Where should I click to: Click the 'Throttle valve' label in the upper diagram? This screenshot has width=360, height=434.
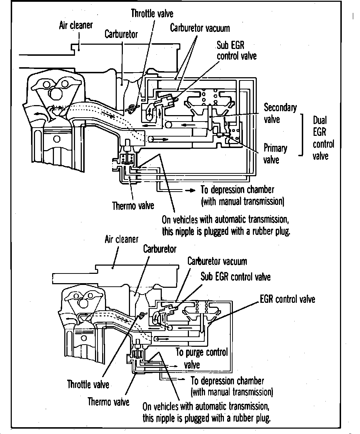[152, 14]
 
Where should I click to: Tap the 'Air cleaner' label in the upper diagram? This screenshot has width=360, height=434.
[76, 25]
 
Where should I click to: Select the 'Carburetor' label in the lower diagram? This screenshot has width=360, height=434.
[160, 249]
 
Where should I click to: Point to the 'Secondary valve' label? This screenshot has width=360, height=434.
[280, 113]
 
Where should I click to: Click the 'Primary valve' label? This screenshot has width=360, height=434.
[275, 154]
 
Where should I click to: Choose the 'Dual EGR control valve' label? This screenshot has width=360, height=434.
[324, 138]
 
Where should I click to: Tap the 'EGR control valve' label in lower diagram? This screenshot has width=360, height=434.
[287, 299]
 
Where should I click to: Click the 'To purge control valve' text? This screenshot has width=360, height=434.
[202, 358]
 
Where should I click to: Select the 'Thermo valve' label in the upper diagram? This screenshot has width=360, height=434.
[133, 206]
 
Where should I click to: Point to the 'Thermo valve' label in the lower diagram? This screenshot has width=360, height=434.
[108, 401]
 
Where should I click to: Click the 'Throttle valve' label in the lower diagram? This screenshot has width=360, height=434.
[88, 384]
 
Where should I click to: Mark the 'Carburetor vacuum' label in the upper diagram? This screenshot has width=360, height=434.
[200, 28]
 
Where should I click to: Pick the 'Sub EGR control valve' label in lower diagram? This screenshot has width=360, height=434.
[235, 277]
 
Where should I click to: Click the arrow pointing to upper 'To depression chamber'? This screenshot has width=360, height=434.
[190, 191]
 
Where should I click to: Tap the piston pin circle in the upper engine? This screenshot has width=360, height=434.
[57, 139]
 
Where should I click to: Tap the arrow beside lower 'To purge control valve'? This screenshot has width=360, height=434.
[173, 366]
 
